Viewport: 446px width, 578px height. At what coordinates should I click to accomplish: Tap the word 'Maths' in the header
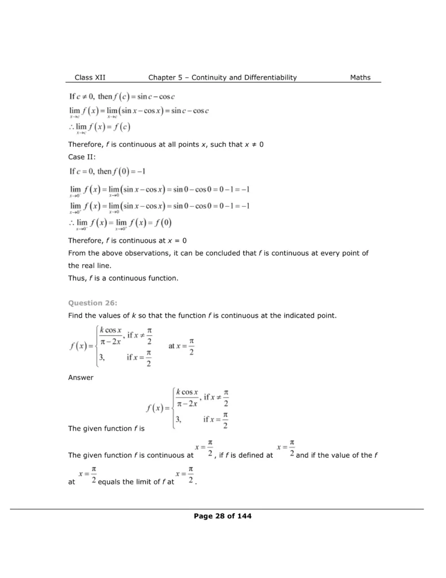(x=360, y=77)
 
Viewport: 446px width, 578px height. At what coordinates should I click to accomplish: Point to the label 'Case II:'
(x=82, y=157)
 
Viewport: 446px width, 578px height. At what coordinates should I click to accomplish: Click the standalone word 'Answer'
(x=81, y=378)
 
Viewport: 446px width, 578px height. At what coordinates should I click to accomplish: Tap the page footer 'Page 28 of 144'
(x=223, y=515)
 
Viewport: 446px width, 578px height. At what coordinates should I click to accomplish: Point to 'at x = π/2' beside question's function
(x=182, y=345)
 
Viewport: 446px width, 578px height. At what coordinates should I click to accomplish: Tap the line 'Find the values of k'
(x=202, y=315)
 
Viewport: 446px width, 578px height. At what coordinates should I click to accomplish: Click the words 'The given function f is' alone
(x=107, y=428)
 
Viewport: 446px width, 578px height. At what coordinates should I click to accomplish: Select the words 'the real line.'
(x=90, y=265)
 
